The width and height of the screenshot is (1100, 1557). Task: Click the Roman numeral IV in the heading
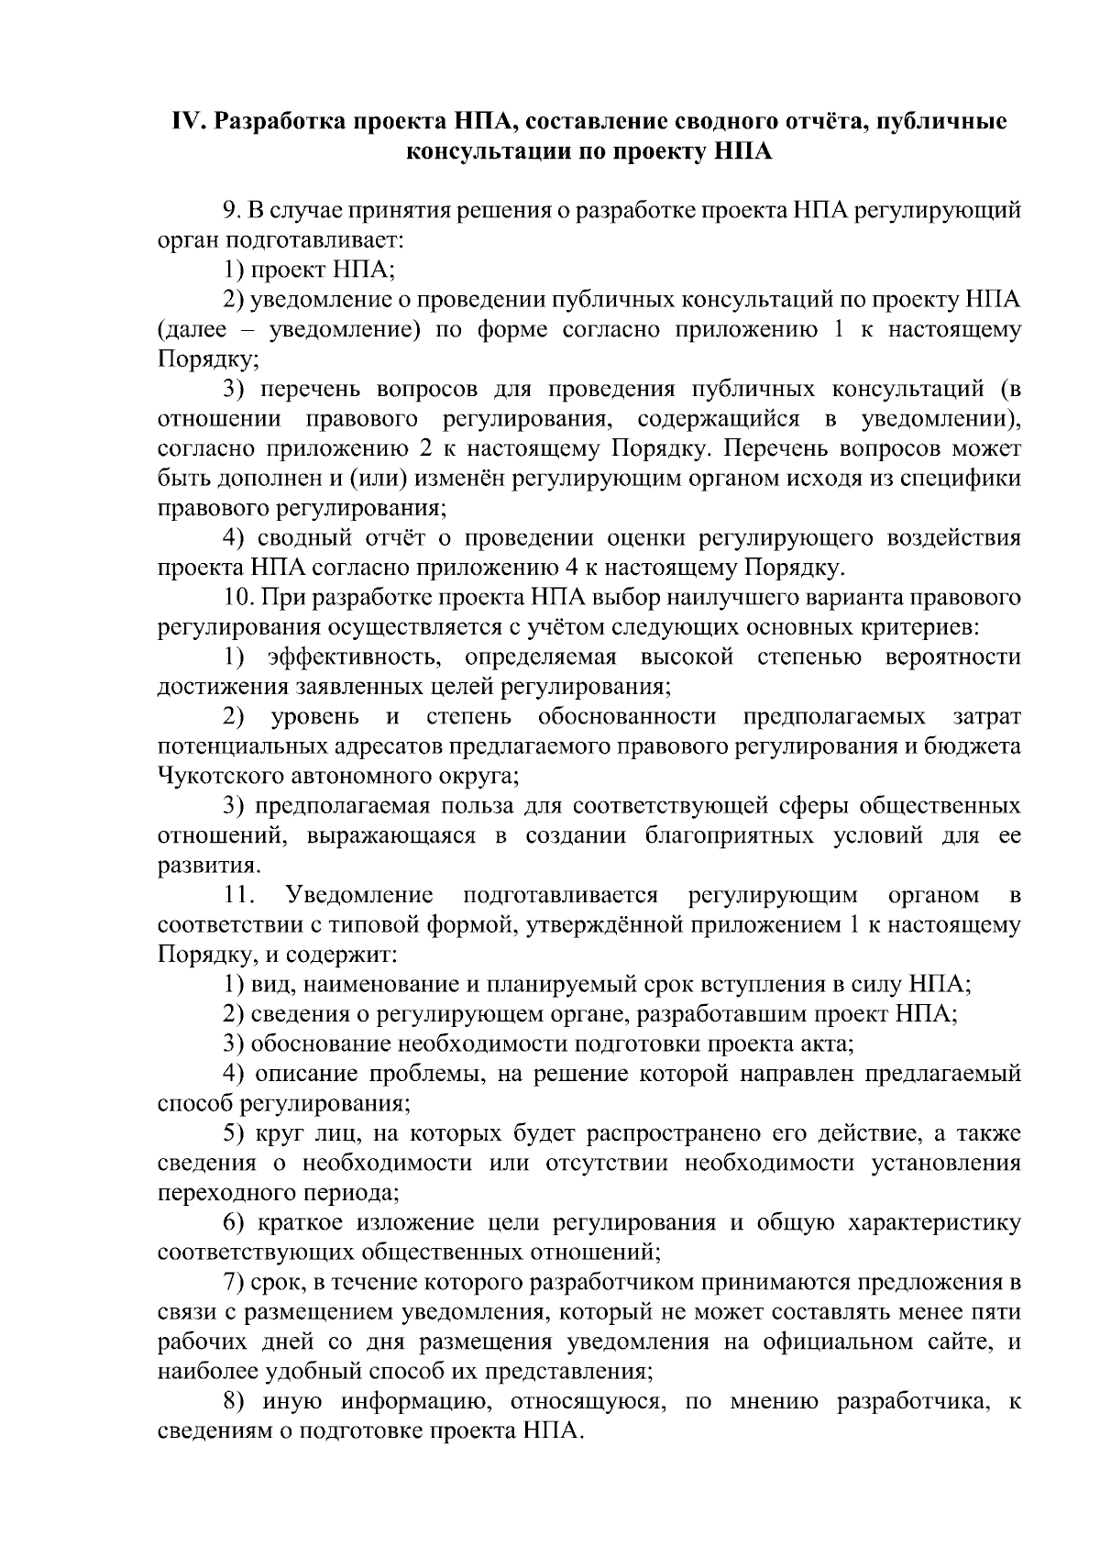187,122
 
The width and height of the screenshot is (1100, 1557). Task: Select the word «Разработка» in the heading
284,122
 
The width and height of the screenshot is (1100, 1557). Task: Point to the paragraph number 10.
237,598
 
